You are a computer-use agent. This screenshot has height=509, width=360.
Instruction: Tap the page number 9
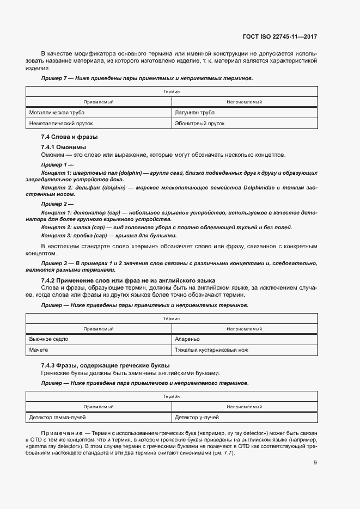[315, 463]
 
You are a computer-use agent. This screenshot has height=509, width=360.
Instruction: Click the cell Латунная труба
[194, 113]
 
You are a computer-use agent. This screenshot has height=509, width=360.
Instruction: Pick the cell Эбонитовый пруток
[199, 124]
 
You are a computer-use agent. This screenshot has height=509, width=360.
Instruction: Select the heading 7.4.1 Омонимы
[63, 148]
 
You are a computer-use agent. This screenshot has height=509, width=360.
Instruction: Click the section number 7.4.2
[50, 280]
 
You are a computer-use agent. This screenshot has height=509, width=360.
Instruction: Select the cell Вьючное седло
[48, 339]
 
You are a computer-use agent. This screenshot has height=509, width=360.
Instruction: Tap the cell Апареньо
[187, 339]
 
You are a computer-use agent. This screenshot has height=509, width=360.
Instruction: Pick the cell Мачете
[39, 349]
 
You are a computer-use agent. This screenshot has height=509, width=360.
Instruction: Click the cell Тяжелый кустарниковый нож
[211, 349]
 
